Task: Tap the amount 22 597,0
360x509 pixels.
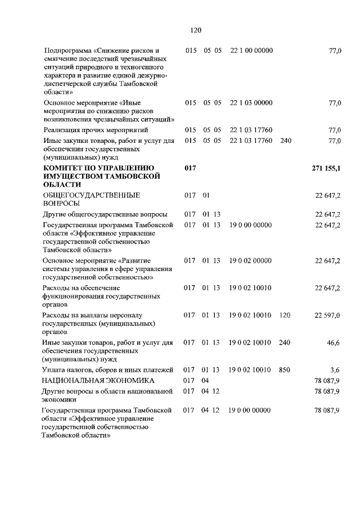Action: pos(327,316)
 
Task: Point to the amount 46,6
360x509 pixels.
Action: pos(334,343)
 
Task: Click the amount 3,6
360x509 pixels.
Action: pos(335,370)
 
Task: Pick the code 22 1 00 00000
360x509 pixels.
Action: pos(251,51)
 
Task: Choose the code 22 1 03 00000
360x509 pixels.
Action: pos(251,102)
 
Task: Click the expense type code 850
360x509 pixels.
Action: pos(285,370)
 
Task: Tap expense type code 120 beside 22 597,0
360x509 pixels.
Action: pos(285,316)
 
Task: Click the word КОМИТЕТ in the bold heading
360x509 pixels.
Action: pos(66,168)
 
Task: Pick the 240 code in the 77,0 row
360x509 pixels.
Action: pos(286,141)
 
